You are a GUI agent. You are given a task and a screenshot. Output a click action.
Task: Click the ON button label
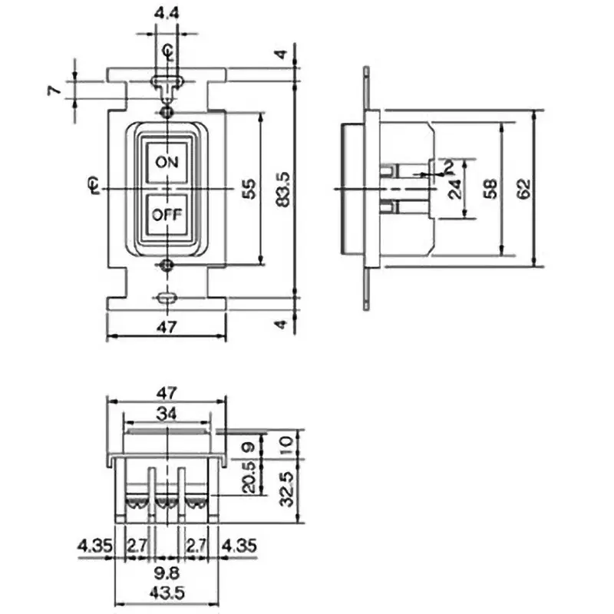tap(167, 162)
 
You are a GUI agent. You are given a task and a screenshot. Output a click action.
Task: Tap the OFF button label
tap(167, 215)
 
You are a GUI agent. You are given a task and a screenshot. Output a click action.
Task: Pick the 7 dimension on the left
tap(52, 90)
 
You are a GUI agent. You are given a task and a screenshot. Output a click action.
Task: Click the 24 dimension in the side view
tap(455, 189)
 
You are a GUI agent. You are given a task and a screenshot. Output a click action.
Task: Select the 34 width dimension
tap(167, 414)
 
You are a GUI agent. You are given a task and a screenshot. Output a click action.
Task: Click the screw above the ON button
tap(167, 113)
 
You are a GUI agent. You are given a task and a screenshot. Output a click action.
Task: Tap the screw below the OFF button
tap(167, 266)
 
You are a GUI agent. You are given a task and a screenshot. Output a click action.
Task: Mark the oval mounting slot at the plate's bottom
tap(167, 298)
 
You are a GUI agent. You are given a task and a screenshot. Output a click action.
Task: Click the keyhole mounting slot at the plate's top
tap(167, 80)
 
